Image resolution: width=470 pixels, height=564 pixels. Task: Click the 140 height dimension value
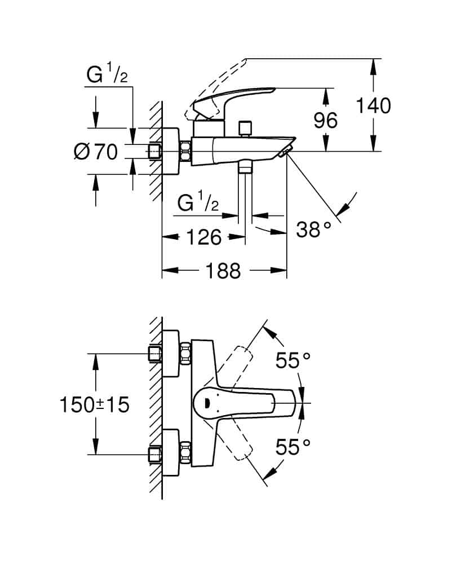click(374, 105)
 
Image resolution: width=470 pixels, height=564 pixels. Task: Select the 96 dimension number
click(326, 121)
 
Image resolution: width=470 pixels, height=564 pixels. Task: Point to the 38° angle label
click(314, 230)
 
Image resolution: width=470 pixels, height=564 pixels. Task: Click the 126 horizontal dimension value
click(203, 237)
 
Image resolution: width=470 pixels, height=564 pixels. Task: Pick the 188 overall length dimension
click(224, 271)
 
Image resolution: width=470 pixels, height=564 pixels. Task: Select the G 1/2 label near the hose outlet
click(198, 202)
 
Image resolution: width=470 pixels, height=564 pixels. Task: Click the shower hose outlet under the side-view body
click(245, 167)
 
